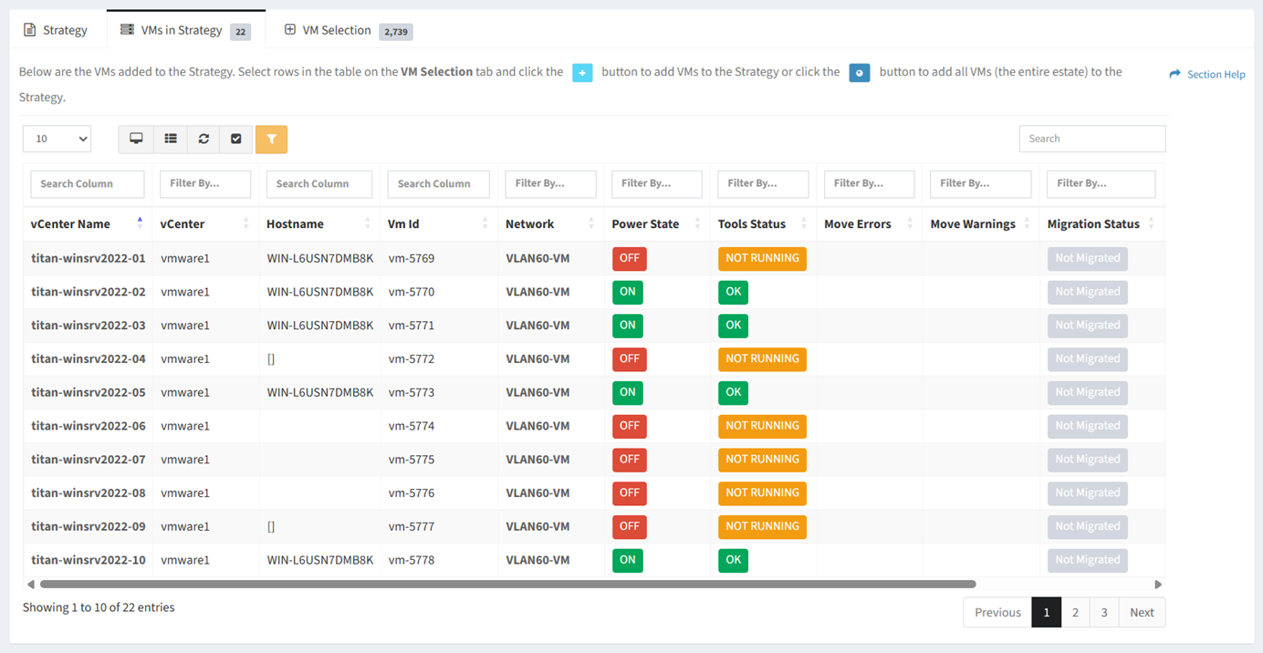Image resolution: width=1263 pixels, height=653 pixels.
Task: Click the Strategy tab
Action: [x=56, y=30]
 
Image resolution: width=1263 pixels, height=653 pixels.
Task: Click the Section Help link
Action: [x=1207, y=75]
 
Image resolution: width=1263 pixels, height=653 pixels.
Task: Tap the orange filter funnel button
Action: [x=271, y=140]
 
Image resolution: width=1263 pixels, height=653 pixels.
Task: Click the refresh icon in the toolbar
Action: [x=204, y=139]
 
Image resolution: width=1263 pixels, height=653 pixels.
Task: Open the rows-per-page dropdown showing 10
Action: [x=57, y=139]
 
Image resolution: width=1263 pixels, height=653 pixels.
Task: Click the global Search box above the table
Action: [x=1092, y=139]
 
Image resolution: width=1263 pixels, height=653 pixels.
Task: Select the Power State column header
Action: [x=645, y=223]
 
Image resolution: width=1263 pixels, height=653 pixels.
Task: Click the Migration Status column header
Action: [x=1093, y=223]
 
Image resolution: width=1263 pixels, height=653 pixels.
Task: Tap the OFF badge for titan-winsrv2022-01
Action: [x=630, y=258]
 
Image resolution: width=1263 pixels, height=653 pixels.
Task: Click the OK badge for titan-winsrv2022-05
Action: [x=733, y=392]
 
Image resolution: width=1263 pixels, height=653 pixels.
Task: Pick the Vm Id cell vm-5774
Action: [x=411, y=426]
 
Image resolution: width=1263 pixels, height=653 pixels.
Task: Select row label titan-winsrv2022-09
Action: [x=88, y=526]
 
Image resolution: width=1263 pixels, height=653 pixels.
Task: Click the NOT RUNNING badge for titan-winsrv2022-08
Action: [x=762, y=493]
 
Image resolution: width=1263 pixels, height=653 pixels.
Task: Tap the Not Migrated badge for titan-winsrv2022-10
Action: [x=1087, y=560]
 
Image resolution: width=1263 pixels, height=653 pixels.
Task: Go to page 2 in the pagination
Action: [x=1075, y=613]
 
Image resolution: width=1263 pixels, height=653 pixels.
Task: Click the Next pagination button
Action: [x=1142, y=613]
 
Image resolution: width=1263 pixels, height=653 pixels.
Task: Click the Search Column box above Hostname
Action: [x=319, y=183]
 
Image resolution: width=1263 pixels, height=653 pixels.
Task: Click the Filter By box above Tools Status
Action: [x=763, y=183]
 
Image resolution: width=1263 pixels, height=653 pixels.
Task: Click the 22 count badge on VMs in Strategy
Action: [x=240, y=32]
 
